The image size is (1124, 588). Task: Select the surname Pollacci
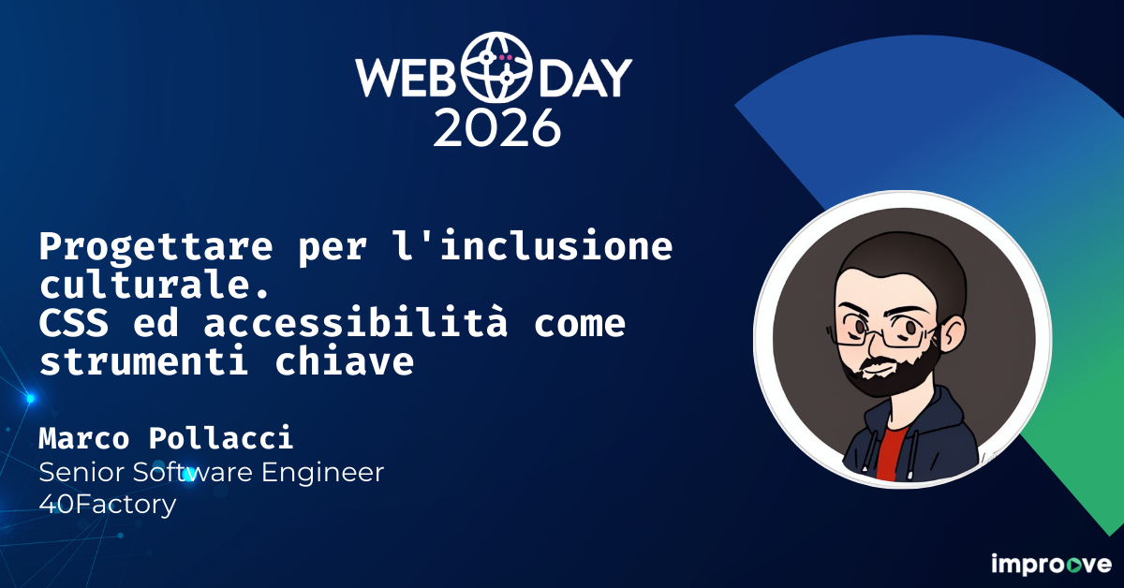tap(221, 437)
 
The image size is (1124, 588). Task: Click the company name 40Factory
tap(107, 506)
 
